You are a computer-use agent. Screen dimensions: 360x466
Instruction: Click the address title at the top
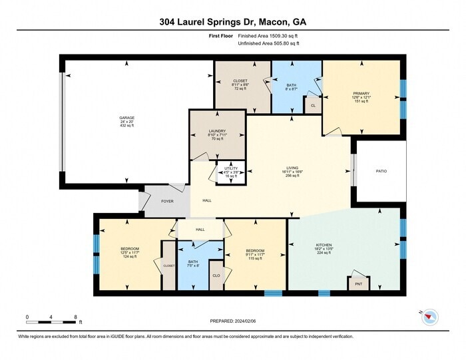coord(232,21)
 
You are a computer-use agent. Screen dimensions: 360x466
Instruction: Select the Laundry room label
coord(216,135)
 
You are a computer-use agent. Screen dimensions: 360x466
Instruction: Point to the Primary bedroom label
coord(361,97)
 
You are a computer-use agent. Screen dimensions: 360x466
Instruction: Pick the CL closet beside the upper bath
coord(312,105)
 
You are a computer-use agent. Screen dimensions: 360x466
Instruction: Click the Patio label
coord(381,171)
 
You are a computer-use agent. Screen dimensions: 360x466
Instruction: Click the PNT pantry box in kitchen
coord(358,283)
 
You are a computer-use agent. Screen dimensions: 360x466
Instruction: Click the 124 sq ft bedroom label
coord(111,253)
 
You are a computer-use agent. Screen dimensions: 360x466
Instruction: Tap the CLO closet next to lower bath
coord(216,275)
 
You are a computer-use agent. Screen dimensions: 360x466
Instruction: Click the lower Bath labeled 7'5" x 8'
coord(193,265)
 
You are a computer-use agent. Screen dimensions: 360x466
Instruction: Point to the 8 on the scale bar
coord(75,317)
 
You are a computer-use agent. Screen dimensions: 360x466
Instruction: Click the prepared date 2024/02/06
coord(232,321)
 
